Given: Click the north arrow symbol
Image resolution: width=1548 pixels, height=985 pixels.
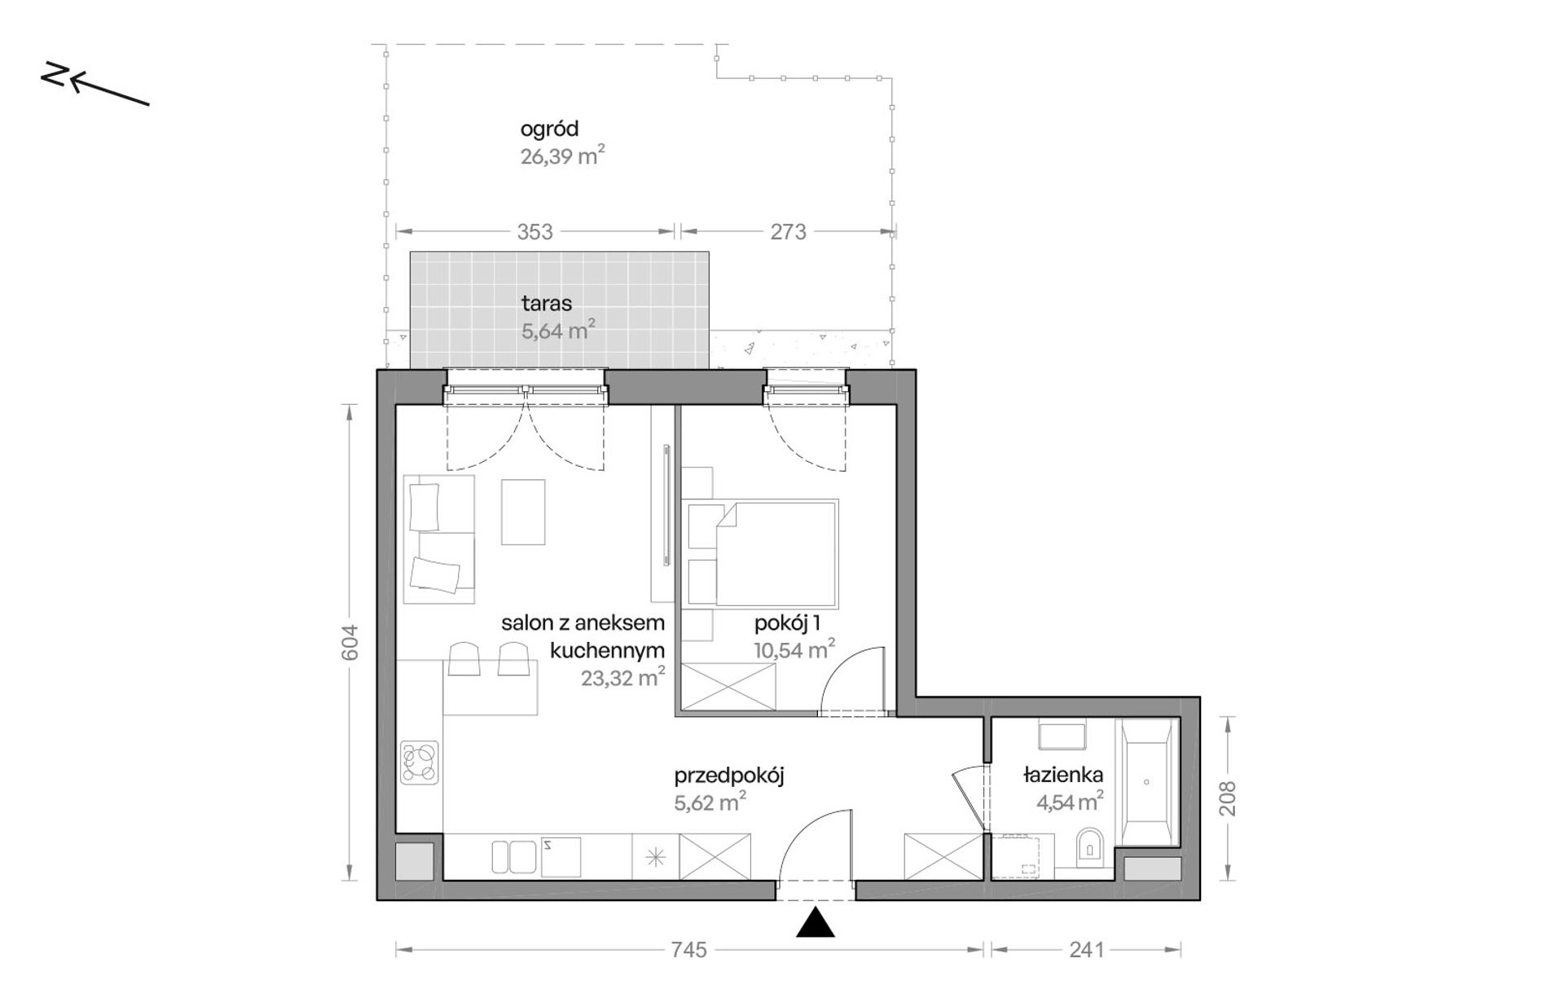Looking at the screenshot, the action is point(95,83).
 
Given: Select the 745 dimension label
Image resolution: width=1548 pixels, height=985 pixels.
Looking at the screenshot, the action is point(688,950).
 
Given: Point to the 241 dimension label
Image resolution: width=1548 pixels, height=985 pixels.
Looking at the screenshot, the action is point(1086,950).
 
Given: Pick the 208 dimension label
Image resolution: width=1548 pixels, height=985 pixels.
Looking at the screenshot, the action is point(1228,798).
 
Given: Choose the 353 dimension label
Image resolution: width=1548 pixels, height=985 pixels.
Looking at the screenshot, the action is point(534,232).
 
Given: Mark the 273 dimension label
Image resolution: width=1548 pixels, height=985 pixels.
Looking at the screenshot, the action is point(788,232).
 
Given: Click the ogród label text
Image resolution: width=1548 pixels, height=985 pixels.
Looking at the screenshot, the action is point(549,130).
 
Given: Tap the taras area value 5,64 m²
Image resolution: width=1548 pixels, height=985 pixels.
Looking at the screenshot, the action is point(558,330).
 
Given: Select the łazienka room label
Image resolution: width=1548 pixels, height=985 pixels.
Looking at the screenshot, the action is point(1062,775).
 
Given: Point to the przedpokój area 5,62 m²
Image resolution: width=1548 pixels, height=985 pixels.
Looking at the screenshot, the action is point(710,803).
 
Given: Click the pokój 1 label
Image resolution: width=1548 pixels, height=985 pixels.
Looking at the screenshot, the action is point(787,624).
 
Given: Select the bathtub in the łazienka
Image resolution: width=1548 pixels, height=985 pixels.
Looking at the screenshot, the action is point(1146,782).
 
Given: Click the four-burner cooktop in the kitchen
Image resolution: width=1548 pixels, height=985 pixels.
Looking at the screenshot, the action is point(420,763).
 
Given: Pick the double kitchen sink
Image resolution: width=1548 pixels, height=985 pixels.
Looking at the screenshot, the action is point(512,856).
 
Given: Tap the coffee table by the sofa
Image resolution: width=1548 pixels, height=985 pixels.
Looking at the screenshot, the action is point(523,512).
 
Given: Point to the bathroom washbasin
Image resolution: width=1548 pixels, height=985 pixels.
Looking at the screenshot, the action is point(1062,736).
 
